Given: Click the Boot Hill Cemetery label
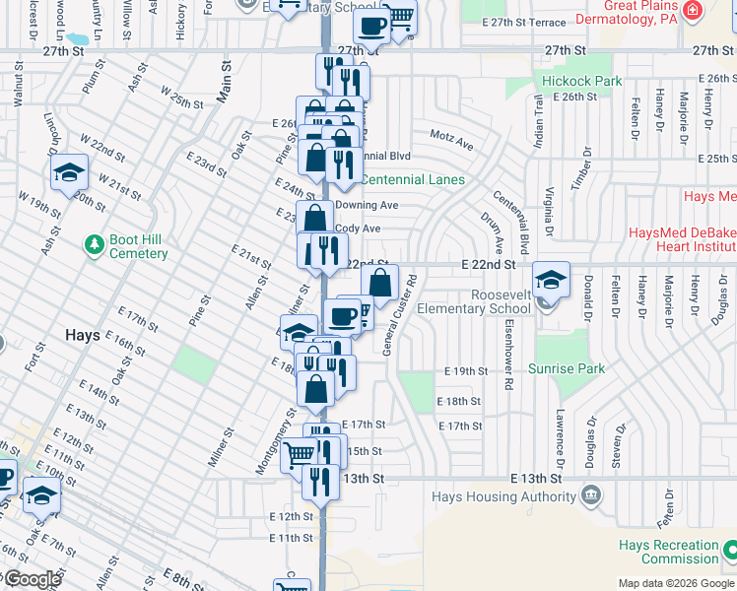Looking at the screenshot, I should [139, 246].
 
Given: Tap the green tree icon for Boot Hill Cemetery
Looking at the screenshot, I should [94, 243].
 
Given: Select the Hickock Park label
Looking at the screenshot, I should [581, 81].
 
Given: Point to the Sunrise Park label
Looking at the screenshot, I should [566, 368].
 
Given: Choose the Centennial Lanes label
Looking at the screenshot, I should [413, 179].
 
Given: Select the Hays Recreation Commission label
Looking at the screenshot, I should [668, 552].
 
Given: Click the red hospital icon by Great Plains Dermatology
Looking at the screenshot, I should [694, 11].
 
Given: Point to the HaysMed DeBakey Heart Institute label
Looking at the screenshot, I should [683, 241].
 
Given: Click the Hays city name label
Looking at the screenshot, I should [82, 335].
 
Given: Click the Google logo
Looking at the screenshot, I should [33, 579].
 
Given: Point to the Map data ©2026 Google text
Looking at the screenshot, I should [674, 583].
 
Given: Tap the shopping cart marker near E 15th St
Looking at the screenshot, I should [300, 455].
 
